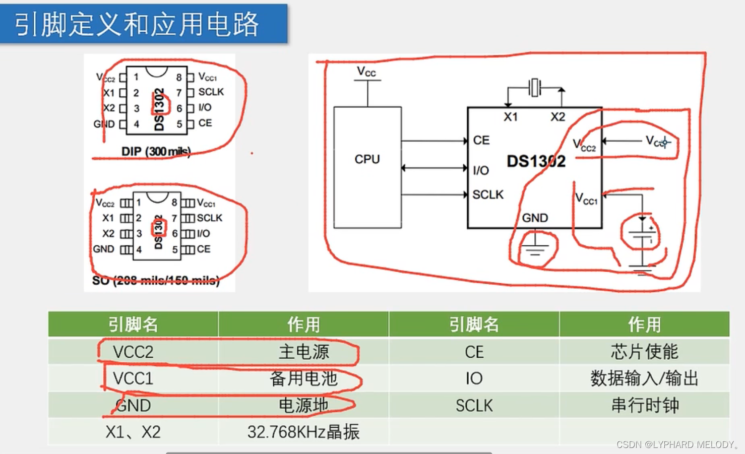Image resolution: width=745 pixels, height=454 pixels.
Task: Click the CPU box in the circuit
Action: (367, 167)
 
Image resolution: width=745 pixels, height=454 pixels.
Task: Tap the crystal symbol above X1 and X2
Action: (535, 88)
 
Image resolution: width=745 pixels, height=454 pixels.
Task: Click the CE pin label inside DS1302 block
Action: (481, 140)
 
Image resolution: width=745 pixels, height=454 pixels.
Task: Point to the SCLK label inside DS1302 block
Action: (488, 194)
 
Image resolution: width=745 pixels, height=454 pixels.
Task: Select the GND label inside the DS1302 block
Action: (535, 218)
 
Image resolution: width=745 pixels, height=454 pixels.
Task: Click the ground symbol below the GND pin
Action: (535, 248)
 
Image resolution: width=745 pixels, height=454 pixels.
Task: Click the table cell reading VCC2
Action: (133, 352)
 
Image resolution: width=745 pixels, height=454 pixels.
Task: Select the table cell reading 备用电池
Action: (303, 378)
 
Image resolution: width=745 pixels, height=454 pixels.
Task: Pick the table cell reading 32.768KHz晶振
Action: (303, 432)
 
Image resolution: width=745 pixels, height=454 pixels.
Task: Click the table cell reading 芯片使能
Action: (644, 352)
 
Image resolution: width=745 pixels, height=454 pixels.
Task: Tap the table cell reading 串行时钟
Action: (644, 405)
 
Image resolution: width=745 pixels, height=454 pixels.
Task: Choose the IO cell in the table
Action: (474, 378)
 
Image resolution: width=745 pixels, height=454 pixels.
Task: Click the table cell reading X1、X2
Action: (133, 432)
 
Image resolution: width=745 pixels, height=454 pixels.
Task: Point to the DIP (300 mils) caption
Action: (156, 151)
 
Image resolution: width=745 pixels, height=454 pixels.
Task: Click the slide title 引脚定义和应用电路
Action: (137, 24)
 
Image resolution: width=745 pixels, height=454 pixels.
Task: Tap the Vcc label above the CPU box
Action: (366, 72)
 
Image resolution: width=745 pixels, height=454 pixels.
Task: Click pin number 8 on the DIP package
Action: (179, 78)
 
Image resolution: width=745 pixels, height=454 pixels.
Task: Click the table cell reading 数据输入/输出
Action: (644, 378)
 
